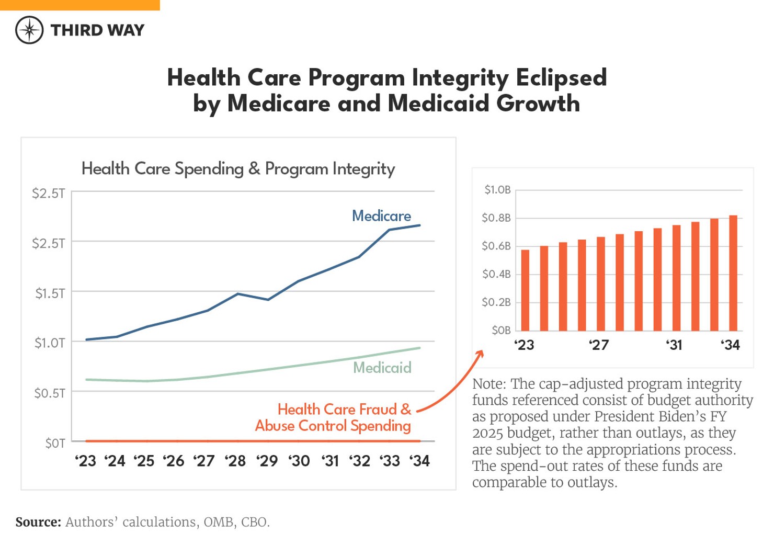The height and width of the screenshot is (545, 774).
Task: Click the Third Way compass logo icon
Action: [x=29, y=30]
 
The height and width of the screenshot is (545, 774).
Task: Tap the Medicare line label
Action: [x=381, y=216]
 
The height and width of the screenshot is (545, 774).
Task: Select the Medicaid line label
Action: [x=382, y=368]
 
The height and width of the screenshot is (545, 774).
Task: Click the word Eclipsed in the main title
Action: [x=561, y=78]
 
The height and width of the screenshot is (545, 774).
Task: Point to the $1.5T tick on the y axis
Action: [x=50, y=293]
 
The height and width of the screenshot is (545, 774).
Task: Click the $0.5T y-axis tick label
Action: [x=50, y=393]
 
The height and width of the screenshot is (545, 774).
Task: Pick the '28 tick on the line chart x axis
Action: [x=235, y=461]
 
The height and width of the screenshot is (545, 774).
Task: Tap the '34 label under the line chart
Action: [x=419, y=461]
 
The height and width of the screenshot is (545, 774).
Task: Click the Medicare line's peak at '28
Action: [x=238, y=294]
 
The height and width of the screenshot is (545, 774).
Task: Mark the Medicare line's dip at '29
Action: [x=268, y=300]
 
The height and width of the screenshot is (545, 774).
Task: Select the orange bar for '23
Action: [x=525, y=290]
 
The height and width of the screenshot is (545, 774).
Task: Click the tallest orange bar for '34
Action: [x=733, y=273]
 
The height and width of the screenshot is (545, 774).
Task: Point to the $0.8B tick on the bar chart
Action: [x=496, y=218]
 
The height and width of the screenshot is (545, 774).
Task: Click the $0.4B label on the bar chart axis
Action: [x=496, y=274]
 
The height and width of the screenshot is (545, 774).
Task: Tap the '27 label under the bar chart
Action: [x=599, y=345]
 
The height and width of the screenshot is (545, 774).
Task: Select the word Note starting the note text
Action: [x=488, y=384]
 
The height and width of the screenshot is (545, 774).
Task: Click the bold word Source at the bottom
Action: [x=38, y=522]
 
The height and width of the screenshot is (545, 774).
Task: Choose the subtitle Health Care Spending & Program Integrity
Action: [x=238, y=169]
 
